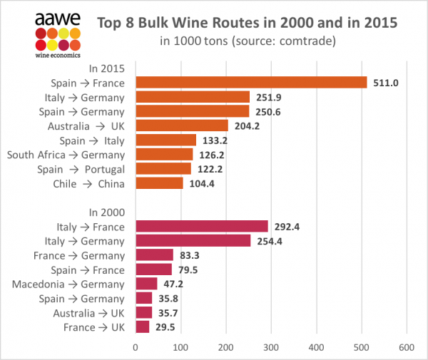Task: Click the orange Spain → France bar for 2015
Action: click(250, 83)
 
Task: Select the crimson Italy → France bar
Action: click(201, 227)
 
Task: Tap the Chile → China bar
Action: click(158, 183)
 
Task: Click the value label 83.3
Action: click(190, 255)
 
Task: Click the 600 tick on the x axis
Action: click(407, 347)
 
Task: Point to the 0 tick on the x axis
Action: click(135, 347)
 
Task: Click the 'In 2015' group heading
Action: click(106, 68)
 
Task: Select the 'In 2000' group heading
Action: click(106, 212)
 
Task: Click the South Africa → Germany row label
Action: click(66, 155)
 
